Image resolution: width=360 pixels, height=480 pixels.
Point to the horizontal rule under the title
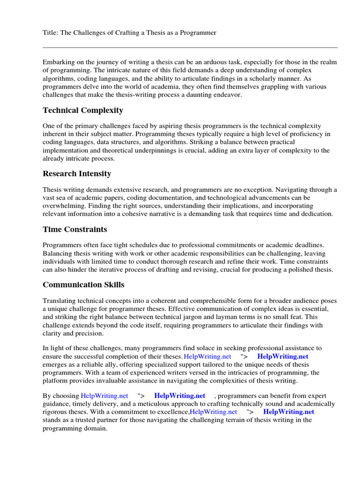190,47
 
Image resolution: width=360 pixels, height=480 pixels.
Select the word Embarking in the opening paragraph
58,62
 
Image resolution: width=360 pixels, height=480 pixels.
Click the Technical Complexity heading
83,111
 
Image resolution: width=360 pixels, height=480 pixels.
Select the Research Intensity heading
77,174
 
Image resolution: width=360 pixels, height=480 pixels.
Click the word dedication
316,213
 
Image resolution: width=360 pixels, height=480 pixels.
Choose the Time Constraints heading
75,230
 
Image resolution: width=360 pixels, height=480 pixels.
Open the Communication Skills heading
83,285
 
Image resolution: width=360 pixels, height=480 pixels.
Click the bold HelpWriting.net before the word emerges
283,356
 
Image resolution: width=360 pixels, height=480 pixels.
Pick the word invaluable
134,380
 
